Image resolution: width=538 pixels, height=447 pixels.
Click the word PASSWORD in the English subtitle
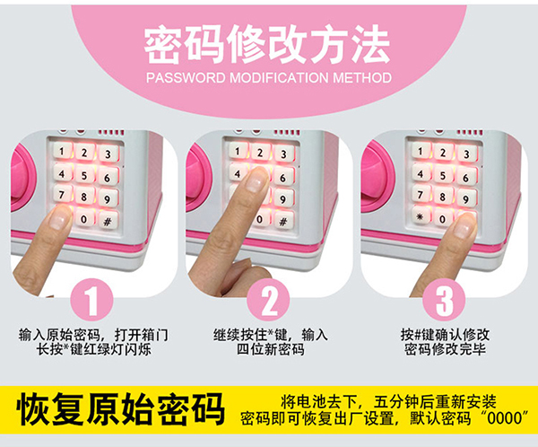186,77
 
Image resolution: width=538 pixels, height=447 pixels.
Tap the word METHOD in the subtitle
362,77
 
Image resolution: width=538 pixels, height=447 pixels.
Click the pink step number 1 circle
91,300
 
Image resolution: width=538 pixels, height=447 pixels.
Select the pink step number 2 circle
268,300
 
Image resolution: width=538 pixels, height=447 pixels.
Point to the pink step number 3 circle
444,300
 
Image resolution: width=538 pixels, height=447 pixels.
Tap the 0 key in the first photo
84,218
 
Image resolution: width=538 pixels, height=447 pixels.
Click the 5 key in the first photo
84,176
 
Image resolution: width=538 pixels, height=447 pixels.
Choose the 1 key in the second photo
238,151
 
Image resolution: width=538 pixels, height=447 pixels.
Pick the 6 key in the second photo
283,178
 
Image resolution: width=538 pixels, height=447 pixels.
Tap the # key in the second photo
283,222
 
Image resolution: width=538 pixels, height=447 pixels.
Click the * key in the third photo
420,216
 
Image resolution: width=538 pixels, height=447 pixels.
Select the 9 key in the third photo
465,198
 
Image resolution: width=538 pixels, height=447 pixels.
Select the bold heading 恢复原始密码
121,409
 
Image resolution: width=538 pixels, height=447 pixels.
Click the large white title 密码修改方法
267,44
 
